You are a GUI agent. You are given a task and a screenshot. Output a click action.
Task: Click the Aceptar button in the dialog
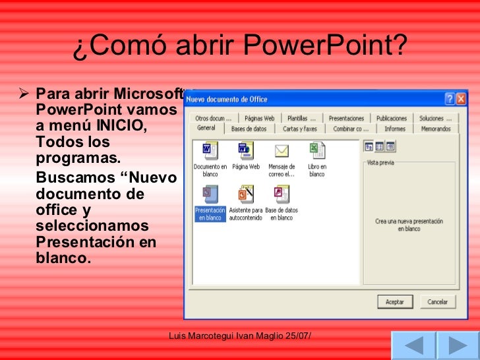click(395, 302)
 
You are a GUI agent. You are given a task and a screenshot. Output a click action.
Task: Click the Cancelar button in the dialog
click(437, 302)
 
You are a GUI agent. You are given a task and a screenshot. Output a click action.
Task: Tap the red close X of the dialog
click(461, 99)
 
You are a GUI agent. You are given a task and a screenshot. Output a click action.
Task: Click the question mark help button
click(449, 99)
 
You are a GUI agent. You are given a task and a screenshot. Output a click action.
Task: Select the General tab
click(206, 129)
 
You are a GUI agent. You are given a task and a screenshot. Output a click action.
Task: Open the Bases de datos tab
click(249, 129)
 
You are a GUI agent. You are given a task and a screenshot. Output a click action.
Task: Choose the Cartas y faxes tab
click(300, 129)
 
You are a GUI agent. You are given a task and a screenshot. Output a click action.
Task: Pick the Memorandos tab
click(436, 129)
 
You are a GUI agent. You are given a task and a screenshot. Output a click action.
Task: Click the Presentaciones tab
click(346, 118)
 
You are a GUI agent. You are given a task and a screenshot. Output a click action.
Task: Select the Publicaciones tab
click(392, 118)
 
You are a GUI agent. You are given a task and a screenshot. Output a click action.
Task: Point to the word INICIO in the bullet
click(121, 125)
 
